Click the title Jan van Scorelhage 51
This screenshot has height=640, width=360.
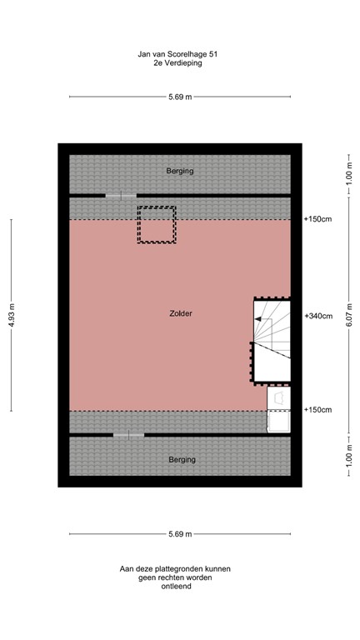[x=179, y=52]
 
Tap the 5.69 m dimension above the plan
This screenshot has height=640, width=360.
[x=180, y=97]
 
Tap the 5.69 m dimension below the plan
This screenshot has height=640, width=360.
[x=180, y=534]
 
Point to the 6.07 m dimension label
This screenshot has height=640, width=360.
[x=349, y=315]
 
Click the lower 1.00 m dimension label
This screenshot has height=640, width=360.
[x=349, y=456]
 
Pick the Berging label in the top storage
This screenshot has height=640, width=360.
[x=179, y=171]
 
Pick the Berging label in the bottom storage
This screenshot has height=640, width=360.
[x=181, y=459]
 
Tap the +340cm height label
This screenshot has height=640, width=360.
[x=318, y=316]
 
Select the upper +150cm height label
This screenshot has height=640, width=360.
[x=318, y=219]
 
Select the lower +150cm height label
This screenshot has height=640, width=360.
[x=318, y=410]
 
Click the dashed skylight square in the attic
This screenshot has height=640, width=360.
[x=157, y=225]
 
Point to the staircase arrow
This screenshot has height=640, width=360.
[x=260, y=319]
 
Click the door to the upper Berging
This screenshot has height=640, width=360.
[x=121, y=196]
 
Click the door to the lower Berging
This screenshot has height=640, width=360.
[x=128, y=434]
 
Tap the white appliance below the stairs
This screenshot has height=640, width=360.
[x=278, y=412]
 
